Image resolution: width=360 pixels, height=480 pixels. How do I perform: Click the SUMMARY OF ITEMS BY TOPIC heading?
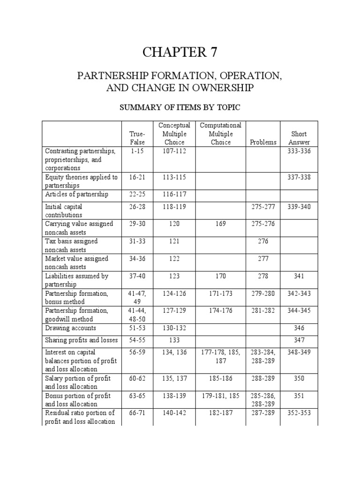(x=180, y=108)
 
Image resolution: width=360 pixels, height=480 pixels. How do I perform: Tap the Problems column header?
(x=262, y=142)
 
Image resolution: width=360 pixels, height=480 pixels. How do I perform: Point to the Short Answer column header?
(x=299, y=138)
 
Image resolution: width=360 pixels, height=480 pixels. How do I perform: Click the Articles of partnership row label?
(x=76, y=194)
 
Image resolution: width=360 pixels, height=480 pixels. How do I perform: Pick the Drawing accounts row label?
(x=70, y=328)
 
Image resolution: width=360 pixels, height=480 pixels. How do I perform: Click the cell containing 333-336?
(x=299, y=151)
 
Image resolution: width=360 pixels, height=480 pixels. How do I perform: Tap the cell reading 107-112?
(x=175, y=151)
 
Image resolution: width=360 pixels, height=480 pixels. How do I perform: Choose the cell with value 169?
(x=220, y=224)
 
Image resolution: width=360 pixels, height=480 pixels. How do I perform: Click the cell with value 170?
(x=220, y=276)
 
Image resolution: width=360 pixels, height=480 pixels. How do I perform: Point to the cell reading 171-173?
(x=220, y=293)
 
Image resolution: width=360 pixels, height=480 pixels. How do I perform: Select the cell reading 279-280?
(x=262, y=293)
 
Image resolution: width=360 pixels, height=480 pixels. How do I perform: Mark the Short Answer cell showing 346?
(x=299, y=328)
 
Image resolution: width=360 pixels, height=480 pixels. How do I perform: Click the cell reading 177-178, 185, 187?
(x=220, y=356)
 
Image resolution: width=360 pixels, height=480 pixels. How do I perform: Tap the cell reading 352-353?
(x=299, y=413)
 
